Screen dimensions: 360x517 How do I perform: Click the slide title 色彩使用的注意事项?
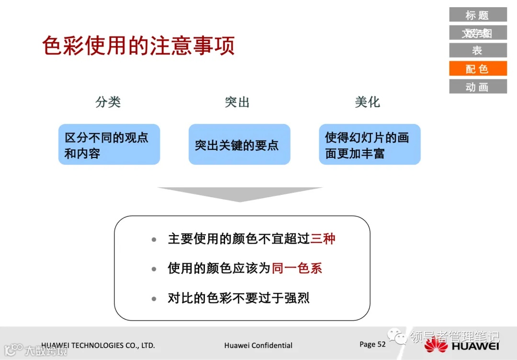click(138, 46)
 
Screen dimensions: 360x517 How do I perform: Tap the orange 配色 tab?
click(477, 68)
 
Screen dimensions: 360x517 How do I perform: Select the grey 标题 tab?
click(477, 15)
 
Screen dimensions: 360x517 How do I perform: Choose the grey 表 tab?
click(477, 50)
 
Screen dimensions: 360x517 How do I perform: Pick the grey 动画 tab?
click(477, 87)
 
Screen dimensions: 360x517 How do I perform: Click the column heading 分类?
click(108, 102)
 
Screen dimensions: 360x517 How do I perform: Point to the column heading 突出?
click(237, 102)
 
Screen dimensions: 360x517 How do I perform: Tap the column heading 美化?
click(368, 102)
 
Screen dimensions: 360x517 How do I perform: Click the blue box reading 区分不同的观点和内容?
click(109, 145)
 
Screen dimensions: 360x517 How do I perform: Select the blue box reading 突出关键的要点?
click(239, 145)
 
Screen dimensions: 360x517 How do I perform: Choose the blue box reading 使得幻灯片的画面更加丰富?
click(370, 145)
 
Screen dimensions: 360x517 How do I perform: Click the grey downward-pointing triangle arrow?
click(240, 194)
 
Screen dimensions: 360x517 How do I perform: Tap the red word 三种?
click(323, 238)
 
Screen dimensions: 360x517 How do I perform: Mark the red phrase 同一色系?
click(297, 268)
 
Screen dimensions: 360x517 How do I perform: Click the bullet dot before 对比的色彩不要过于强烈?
click(154, 299)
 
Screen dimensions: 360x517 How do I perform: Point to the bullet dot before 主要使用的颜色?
click(154, 239)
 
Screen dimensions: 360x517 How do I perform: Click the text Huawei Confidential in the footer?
click(258, 345)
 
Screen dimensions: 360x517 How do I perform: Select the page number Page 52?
click(372, 344)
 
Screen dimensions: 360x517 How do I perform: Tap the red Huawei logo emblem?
click(436, 344)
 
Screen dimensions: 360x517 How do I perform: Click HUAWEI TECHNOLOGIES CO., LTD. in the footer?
click(98, 345)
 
